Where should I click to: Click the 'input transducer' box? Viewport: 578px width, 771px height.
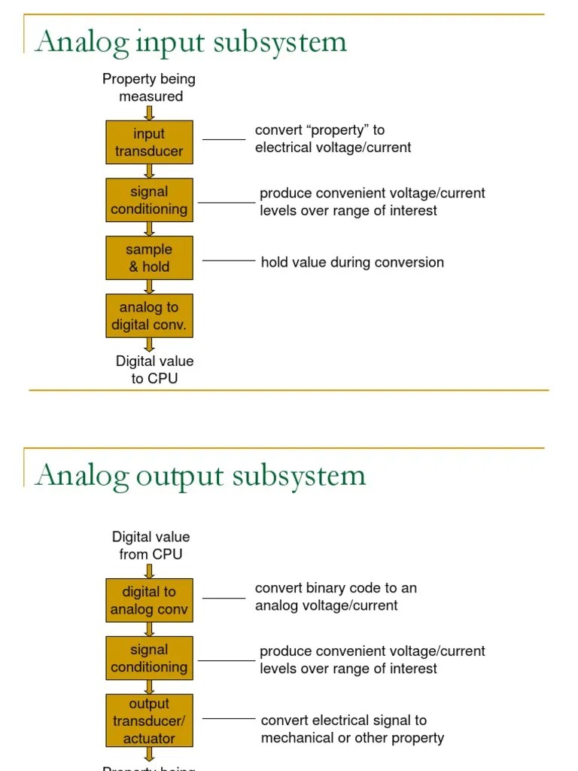[x=149, y=142]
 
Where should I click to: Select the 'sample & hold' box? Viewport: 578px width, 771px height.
[x=149, y=258]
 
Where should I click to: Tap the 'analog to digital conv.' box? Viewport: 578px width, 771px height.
[x=149, y=315]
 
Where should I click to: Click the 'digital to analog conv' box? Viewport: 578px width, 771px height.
[x=149, y=600]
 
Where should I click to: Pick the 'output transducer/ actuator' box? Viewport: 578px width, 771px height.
[x=149, y=721]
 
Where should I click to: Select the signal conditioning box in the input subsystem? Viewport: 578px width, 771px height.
[x=149, y=200]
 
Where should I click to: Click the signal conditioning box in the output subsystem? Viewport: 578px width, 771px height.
[x=149, y=658]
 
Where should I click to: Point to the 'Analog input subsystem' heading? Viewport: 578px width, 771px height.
[x=191, y=41]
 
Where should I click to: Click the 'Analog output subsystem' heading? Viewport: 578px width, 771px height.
[x=200, y=475]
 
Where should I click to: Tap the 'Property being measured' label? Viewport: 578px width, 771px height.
[x=149, y=87]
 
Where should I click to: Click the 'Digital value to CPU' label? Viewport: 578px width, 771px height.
[x=154, y=370]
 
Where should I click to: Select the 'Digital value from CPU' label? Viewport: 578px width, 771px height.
[x=151, y=545]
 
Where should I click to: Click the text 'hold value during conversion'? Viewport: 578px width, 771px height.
[x=352, y=262]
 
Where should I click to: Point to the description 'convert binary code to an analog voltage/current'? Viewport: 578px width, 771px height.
[x=336, y=596]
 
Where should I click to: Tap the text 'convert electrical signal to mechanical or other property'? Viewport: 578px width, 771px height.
[x=352, y=729]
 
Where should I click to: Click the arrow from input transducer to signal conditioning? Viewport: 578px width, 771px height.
[x=149, y=171]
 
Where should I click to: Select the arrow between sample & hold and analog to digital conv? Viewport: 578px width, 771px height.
[x=149, y=287]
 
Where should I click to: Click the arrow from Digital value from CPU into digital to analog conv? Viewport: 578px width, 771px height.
[x=149, y=571]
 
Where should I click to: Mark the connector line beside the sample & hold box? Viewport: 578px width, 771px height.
[x=229, y=261]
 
